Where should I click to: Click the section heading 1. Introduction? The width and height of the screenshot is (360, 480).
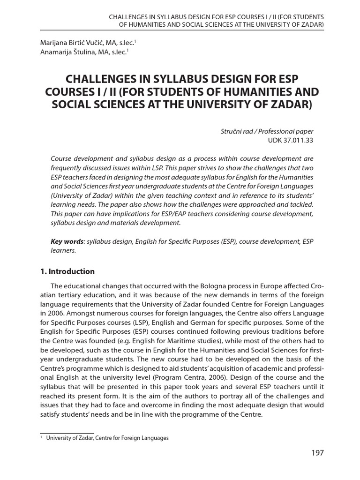pos(67,271)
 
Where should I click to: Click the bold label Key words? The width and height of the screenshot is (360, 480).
pos(67,241)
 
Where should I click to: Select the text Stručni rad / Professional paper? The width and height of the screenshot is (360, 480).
pos(267,131)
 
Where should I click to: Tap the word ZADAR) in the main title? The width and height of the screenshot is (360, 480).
pos(289,104)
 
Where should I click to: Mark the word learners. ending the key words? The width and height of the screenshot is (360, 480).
pos(63,251)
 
